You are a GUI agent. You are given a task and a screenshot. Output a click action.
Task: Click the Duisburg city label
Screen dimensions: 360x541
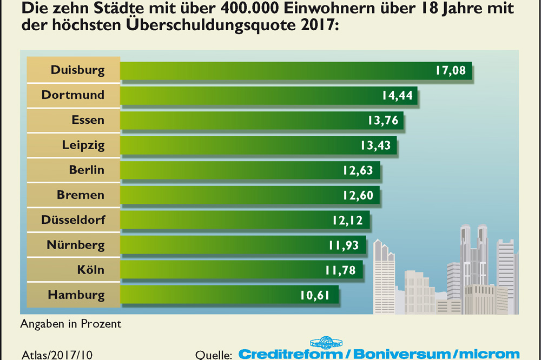pos(77,70)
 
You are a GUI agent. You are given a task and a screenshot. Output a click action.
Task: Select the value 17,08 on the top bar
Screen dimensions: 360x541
pos(450,70)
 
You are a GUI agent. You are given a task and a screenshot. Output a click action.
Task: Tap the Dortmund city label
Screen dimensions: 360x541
pos(72,95)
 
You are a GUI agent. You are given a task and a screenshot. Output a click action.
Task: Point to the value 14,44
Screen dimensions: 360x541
pos(397,96)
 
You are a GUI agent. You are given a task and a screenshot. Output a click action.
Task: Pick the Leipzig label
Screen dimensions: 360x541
pos(83,145)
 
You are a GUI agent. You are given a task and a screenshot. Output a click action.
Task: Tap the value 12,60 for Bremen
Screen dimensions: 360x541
pos(358,195)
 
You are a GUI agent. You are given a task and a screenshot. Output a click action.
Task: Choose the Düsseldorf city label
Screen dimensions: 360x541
pos(73,220)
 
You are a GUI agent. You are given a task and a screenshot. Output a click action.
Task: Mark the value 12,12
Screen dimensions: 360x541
pos(347,220)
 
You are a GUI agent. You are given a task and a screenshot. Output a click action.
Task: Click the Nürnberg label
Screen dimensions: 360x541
pos(75,245)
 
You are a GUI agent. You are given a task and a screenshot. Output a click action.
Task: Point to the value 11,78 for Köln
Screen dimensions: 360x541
pos(340,270)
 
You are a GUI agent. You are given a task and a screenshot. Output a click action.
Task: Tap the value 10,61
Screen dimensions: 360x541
pos(314,295)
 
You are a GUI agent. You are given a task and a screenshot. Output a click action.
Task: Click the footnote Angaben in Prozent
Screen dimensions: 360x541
pos(71,324)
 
